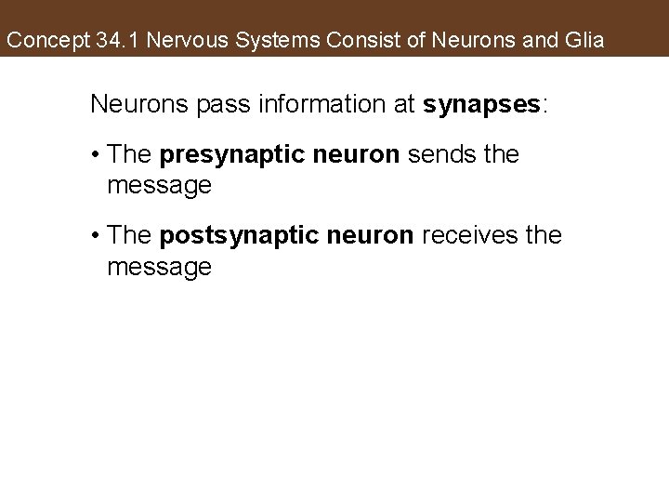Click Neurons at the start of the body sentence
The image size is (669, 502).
point(134,103)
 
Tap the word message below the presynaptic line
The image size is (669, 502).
point(159,187)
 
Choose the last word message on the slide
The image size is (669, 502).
point(159,268)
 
